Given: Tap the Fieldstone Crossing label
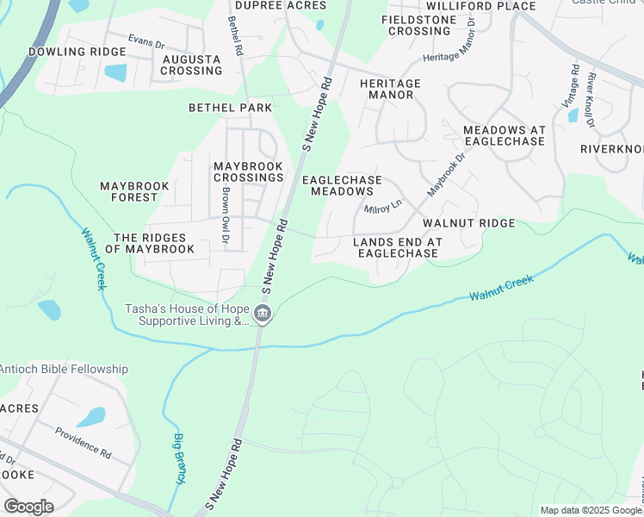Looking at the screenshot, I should tap(419, 25).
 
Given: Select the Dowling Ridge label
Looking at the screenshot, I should tap(65, 52).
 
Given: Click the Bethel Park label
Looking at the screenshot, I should tap(231, 108).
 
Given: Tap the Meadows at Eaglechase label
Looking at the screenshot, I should tap(504, 135).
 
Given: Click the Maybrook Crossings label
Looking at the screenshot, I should tap(249, 171).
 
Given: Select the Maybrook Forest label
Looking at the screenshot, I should tap(135, 191).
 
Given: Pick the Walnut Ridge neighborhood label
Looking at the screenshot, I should tap(468, 223).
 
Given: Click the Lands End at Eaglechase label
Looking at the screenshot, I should tap(397, 247).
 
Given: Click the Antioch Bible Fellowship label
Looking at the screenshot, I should tap(65, 369).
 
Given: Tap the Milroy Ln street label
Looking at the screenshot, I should tap(383, 208).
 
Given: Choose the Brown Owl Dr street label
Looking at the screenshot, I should tap(224, 215).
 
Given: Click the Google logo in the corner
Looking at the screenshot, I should tap(28, 507).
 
